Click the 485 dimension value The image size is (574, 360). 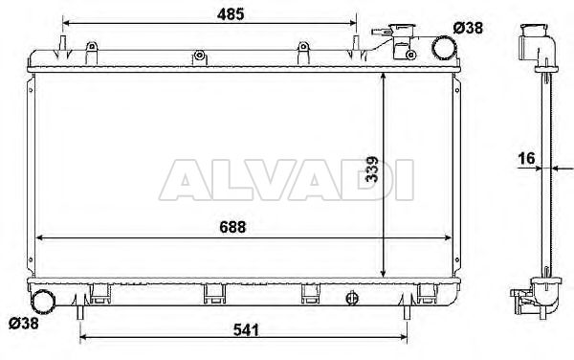pos(231,14)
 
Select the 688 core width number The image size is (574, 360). pos(232,227)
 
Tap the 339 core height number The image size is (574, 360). pos(372,169)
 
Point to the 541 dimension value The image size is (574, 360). pos(246,330)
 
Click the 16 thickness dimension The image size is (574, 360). pos(526,158)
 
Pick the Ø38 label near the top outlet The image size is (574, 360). pos(468,28)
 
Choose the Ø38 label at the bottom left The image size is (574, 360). pos(23,323)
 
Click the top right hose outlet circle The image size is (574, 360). pos(444,48)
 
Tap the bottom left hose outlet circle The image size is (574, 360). pos(43,301)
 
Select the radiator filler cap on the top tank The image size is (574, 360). pos(403,30)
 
